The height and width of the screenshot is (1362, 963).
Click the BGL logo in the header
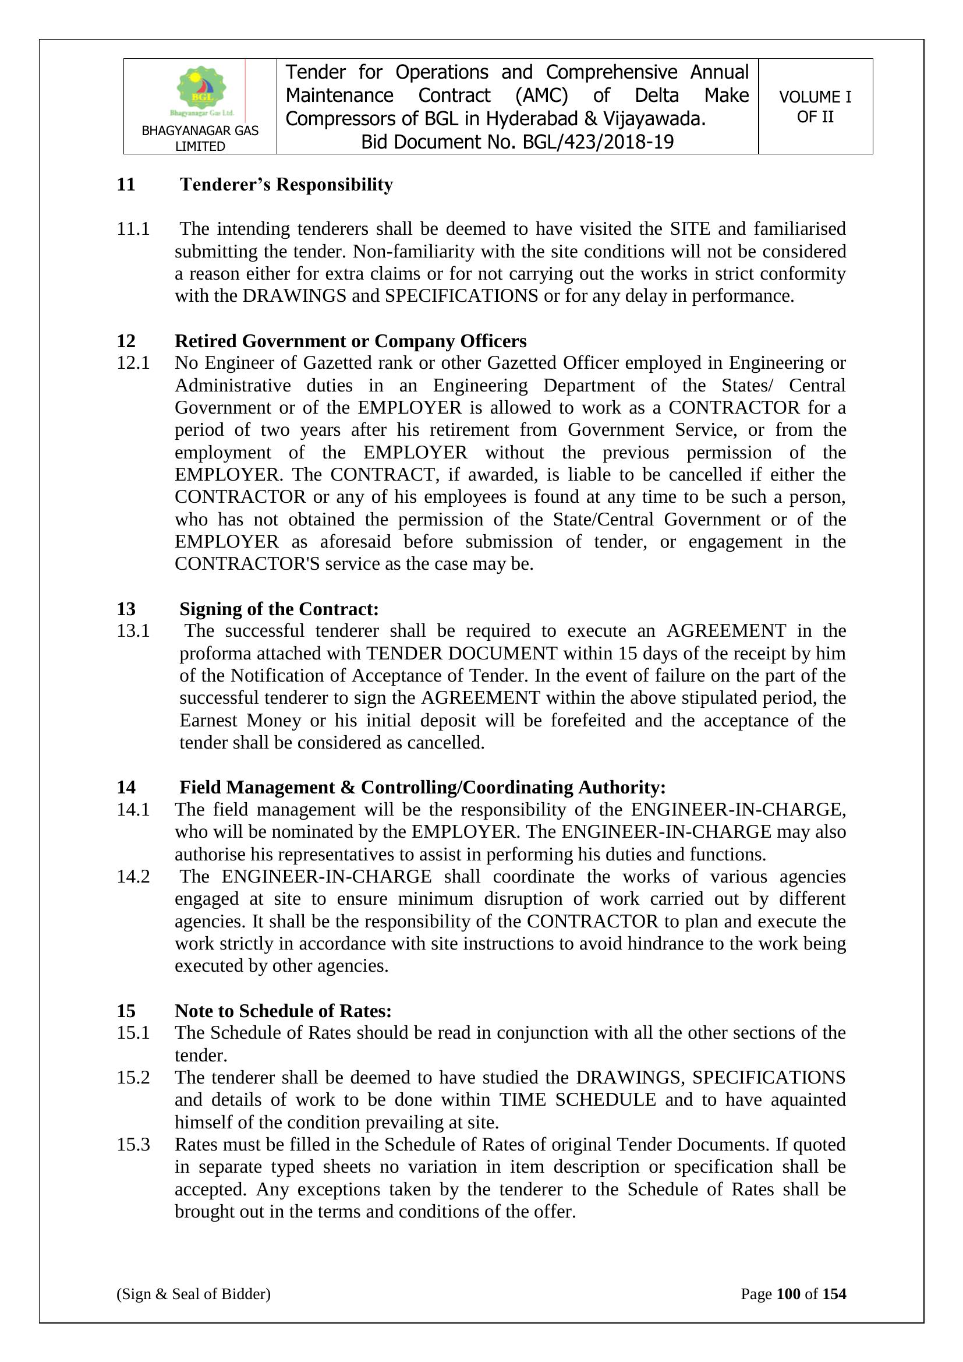click(x=201, y=90)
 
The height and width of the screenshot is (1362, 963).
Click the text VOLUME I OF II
click(x=815, y=107)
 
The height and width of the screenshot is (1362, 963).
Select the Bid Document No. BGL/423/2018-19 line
click(x=517, y=142)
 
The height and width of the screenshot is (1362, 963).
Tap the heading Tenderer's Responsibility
click(x=286, y=185)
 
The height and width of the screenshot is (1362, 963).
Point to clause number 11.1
click(x=133, y=228)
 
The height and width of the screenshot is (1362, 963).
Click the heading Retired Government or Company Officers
click(x=350, y=341)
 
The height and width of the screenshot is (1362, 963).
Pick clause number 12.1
click(x=133, y=363)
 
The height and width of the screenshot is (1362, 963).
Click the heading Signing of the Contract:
click(x=279, y=609)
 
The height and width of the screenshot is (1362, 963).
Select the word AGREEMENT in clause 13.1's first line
click(x=727, y=630)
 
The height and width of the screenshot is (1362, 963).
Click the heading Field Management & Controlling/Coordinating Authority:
click(x=422, y=787)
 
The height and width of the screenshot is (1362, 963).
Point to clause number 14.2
click(x=133, y=877)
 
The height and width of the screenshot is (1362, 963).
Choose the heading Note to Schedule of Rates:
click(x=283, y=1011)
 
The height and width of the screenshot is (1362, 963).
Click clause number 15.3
click(x=133, y=1145)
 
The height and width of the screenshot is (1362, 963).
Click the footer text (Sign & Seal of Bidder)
click(x=193, y=1294)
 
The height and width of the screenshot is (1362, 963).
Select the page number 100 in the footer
click(x=788, y=1294)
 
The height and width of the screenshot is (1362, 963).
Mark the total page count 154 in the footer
click(x=834, y=1294)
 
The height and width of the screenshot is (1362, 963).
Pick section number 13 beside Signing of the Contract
click(x=126, y=609)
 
